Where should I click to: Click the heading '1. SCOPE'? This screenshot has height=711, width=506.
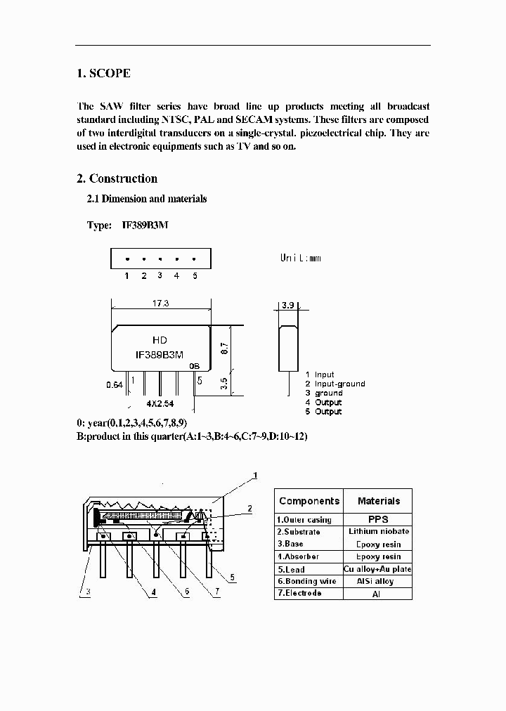[x=103, y=73]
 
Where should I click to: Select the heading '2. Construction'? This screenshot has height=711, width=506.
[x=117, y=178]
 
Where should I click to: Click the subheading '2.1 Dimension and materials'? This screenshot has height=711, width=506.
[x=146, y=199]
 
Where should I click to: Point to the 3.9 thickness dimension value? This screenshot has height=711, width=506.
[x=287, y=306]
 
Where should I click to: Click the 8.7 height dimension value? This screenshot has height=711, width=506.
[x=223, y=348]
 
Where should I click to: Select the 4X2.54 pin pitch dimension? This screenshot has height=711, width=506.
[x=160, y=404]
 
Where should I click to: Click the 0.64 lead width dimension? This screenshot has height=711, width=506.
[x=114, y=385]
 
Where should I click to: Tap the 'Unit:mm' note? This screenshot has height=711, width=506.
[x=301, y=258]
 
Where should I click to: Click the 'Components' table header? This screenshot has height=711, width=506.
[x=309, y=501]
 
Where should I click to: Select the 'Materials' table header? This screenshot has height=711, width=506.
[x=378, y=501]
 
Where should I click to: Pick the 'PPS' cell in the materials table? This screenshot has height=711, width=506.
[x=378, y=519]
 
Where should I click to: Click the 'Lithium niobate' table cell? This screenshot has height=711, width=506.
[x=378, y=531]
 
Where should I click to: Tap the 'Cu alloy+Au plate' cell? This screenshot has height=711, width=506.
[x=378, y=569]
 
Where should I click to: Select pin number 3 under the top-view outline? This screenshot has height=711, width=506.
[x=160, y=275]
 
